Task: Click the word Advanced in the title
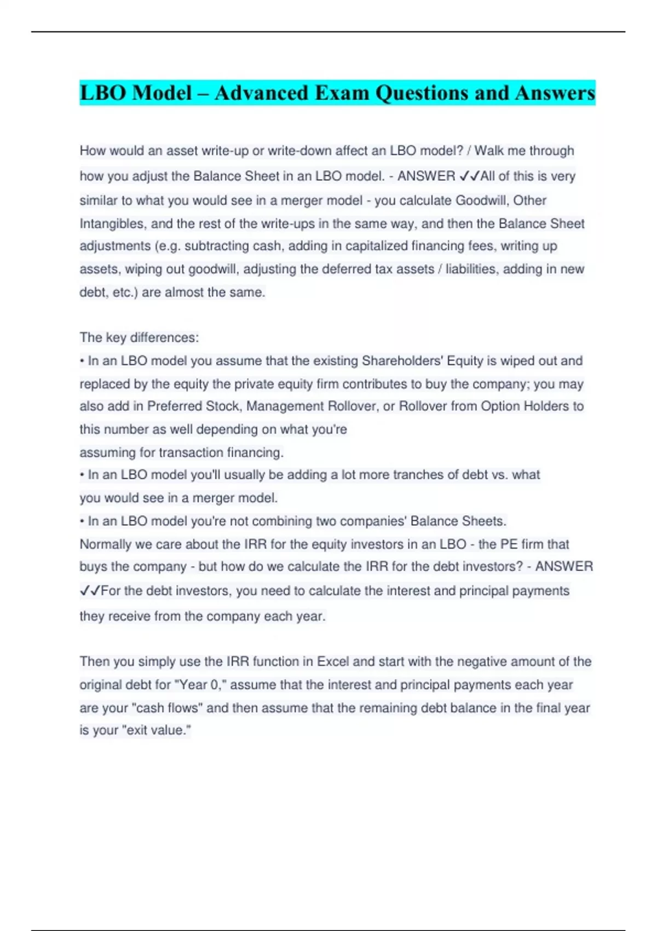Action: tap(262, 93)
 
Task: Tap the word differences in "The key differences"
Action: tap(162, 338)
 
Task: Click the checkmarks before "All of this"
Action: tap(469, 176)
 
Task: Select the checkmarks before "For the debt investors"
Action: tap(90, 591)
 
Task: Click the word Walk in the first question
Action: tap(489, 151)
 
